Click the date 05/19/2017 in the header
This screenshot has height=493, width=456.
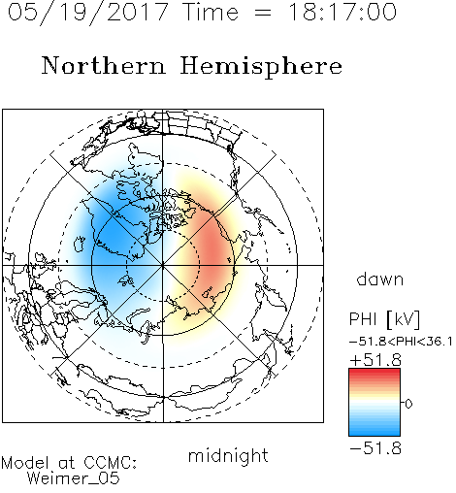pos(88,13)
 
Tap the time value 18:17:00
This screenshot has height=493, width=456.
pos(342,12)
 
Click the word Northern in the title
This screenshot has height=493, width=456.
pos(104,65)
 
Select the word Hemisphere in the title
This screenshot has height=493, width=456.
pos(261,67)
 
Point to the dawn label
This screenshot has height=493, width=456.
pos(380,279)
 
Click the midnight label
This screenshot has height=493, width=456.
pos(228,455)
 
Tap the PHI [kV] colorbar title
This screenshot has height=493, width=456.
pos(384,319)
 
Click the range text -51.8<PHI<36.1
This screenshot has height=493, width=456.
pos(401,342)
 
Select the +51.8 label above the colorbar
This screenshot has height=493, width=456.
pos(375,360)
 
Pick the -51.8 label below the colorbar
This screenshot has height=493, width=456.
pos(375,448)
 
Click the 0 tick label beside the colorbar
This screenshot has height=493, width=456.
pos(408,404)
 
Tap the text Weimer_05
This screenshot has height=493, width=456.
pos(74,477)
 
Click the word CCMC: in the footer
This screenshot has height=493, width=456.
pos(111,462)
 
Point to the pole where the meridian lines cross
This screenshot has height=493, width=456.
pos(163,265)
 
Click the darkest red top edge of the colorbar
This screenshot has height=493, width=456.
pos(375,370)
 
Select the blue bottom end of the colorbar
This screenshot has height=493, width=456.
pos(375,434)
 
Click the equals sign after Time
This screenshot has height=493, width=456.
pos(262,13)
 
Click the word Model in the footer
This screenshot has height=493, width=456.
pos(25,462)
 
